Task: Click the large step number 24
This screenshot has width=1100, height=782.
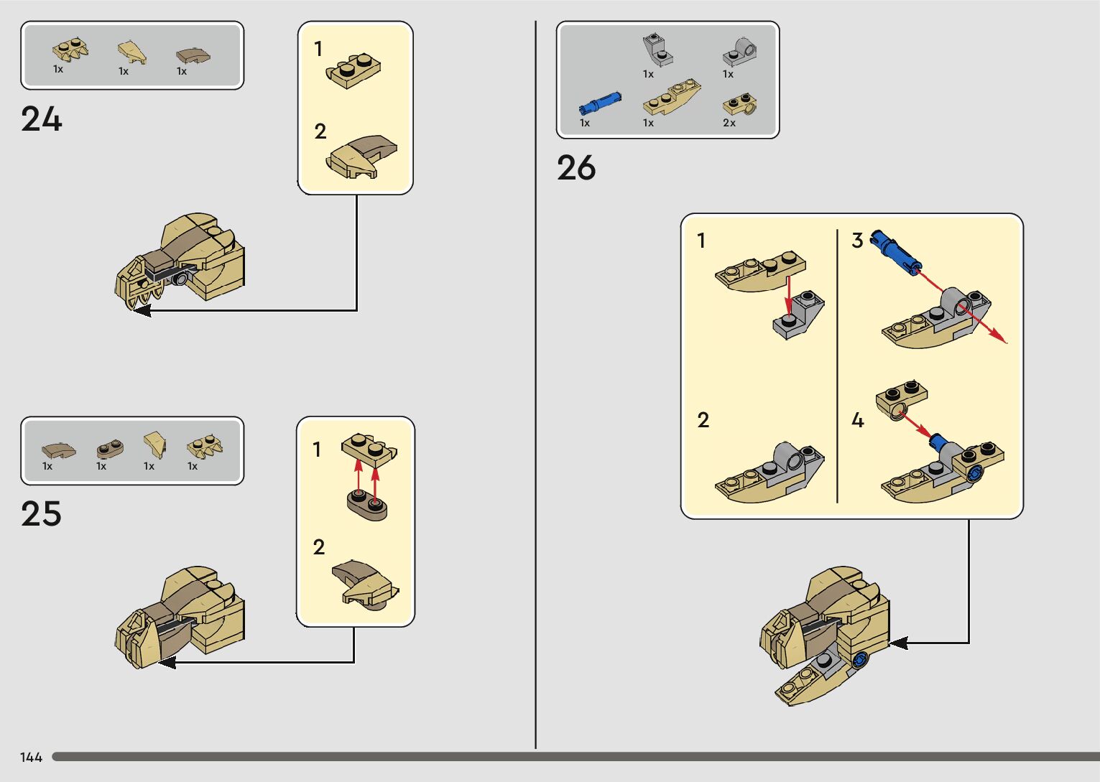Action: [x=41, y=119]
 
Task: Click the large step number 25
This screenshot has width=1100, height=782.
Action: [x=41, y=514]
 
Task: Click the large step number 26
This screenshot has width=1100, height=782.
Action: [x=576, y=168]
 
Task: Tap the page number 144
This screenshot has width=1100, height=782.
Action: [x=31, y=757]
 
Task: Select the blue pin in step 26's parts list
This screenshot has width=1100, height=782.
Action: [x=600, y=103]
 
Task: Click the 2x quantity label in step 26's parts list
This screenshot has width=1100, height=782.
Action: [x=729, y=123]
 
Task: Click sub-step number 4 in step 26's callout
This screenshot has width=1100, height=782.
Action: [x=857, y=420]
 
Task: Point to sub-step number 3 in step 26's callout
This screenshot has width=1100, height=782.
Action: [x=857, y=241]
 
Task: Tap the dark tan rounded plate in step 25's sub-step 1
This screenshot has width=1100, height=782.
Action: [x=367, y=505]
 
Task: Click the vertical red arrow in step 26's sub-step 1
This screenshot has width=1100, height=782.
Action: [x=788, y=298]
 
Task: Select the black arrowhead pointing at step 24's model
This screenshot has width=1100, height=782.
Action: [x=142, y=310]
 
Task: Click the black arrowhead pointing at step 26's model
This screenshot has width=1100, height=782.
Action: [x=899, y=643]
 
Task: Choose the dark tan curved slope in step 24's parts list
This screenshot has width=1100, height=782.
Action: [x=193, y=55]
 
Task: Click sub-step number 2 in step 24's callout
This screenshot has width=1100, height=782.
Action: [x=320, y=131]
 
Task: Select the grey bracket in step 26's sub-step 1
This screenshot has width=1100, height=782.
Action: [x=798, y=315]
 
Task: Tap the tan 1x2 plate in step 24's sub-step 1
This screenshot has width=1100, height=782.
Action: [x=353, y=71]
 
